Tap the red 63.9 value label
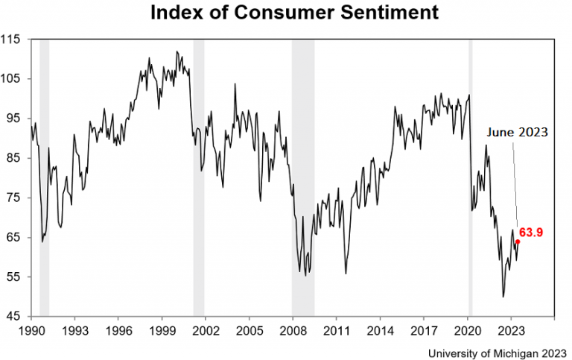click(x=531, y=233)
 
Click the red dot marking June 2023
click(x=518, y=241)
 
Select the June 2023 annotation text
click(x=517, y=132)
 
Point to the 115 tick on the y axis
click(x=13, y=39)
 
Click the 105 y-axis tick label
click(x=13, y=79)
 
